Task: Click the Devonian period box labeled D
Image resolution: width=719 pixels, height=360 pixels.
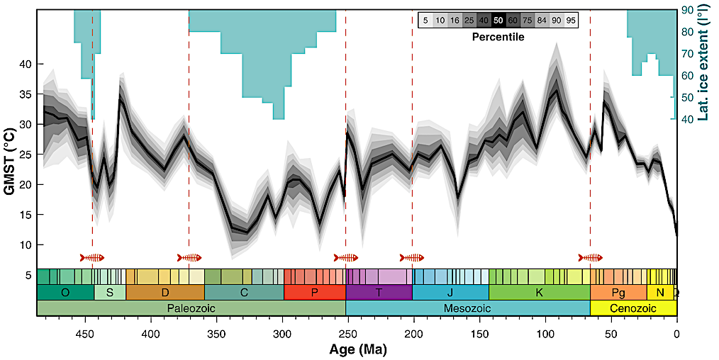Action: tap(165, 292)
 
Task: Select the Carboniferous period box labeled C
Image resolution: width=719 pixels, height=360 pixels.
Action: tap(244, 292)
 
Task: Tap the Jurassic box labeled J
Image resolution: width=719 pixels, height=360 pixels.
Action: tap(450, 292)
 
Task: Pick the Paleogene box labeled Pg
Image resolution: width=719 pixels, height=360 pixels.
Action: tap(618, 292)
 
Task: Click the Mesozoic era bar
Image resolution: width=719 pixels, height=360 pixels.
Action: tap(468, 308)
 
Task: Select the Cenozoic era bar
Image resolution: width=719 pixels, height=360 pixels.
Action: tap(632, 308)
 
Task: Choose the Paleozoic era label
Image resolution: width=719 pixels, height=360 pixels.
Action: tap(191, 308)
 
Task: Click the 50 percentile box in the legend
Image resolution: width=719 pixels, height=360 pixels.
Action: tap(498, 21)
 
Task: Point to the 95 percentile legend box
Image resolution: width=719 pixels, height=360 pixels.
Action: tap(570, 21)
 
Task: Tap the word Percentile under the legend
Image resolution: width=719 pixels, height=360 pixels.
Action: tap(498, 36)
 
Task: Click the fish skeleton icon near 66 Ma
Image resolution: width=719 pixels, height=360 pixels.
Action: tap(590, 257)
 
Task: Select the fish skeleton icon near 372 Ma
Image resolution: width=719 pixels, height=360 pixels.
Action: tap(189, 257)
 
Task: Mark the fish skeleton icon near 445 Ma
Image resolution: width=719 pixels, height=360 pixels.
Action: tap(92, 257)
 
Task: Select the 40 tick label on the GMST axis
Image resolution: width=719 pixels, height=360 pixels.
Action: tap(24, 64)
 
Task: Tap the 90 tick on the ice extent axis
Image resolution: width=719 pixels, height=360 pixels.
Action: tap(687, 10)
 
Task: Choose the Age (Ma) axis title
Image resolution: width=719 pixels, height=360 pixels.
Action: tap(357, 349)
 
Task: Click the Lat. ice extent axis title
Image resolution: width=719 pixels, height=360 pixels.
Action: tap(706, 64)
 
